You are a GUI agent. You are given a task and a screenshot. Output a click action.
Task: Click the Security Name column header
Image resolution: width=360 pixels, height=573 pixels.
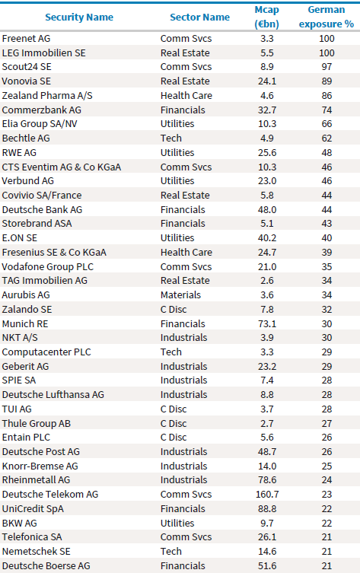click(79, 18)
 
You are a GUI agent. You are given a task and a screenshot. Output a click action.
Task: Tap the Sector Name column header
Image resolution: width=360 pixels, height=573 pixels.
click(199, 18)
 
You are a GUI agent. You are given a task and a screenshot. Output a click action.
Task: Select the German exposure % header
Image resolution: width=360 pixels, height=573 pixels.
click(327, 17)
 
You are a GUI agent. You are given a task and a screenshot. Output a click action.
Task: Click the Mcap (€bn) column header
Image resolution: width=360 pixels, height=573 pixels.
click(267, 17)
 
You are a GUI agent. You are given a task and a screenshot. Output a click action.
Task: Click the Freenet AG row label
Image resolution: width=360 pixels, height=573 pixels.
click(27, 38)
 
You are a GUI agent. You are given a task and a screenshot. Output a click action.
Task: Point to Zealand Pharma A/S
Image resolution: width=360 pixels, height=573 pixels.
click(47, 95)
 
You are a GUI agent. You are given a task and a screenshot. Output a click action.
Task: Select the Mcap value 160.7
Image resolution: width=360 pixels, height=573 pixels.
click(267, 494)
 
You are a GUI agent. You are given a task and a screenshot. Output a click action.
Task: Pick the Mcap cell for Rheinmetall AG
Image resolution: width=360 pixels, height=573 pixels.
click(267, 480)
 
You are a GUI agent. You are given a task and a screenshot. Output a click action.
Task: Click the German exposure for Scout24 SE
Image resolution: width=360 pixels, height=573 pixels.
click(327, 67)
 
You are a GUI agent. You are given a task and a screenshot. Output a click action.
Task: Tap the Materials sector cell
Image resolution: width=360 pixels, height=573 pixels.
click(180, 295)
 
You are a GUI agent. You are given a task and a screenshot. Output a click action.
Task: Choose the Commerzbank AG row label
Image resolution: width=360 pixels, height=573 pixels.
click(42, 110)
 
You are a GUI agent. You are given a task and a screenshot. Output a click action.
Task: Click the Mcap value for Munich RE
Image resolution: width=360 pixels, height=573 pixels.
click(267, 323)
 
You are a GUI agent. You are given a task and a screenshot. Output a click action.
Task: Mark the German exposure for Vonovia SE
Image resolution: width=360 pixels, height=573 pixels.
click(327, 81)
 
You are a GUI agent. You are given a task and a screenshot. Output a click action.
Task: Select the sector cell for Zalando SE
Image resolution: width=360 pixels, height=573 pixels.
click(174, 309)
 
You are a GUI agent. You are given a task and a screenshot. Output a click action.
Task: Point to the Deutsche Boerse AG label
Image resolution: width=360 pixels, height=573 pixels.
click(46, 565)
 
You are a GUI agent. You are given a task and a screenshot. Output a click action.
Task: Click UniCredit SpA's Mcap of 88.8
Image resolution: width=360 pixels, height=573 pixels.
click(267, 508)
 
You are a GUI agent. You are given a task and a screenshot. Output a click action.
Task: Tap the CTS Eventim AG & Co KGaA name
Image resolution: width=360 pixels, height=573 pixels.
click(62, 167)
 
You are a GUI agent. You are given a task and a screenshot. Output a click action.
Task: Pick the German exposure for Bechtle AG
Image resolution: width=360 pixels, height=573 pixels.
click(327, 138)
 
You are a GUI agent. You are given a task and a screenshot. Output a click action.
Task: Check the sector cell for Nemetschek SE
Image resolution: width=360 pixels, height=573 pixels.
click(171, 551)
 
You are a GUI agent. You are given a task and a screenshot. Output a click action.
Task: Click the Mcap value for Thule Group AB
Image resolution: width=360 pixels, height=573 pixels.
click(267, 423)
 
